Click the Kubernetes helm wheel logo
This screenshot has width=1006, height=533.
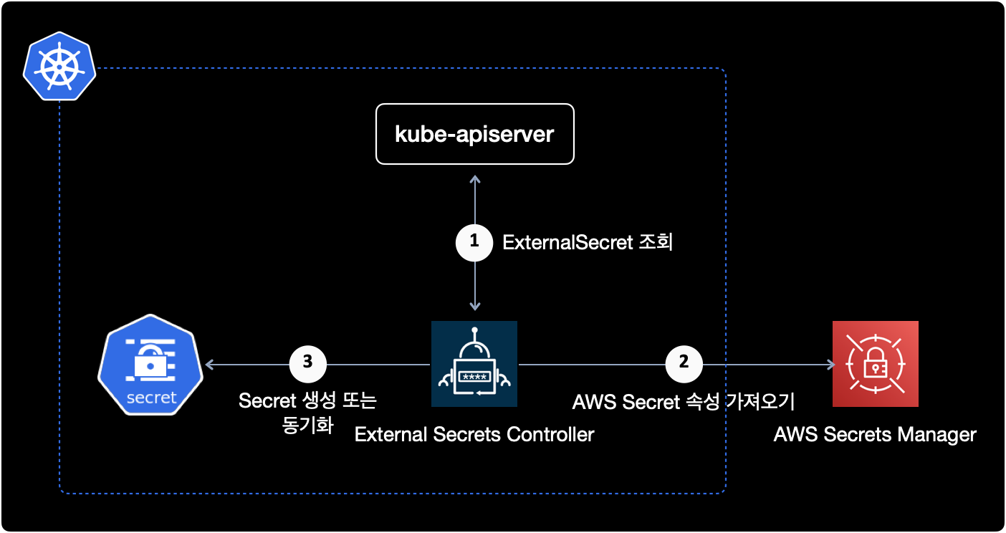(x=59, y=68)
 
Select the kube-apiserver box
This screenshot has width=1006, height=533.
(x=475, y=134)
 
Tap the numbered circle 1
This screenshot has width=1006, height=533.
(x=474, y=242)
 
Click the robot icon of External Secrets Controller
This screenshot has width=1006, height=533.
(x=474, y=364)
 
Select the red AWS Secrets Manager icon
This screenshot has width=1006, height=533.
(x=875, y=364)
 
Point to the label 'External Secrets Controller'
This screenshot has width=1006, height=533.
(x=474, y=434)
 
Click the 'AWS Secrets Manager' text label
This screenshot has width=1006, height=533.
(x=875, y=434)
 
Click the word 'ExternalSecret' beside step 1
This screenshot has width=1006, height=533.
(x=567, y=243)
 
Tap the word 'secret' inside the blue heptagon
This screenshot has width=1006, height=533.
(x=151, y=398)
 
